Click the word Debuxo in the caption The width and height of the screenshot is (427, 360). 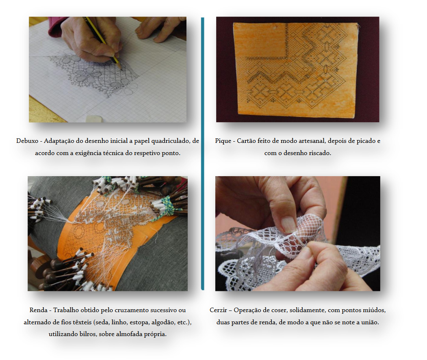point(27,141)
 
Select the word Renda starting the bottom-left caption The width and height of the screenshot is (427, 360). point(39,310)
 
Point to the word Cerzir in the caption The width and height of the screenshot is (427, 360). point(218,310)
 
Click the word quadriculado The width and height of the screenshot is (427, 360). point(170,141)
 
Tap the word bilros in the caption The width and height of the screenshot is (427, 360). point(87,334)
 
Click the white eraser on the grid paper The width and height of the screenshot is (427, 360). point(94,119)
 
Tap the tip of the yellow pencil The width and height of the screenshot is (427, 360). point(121,68)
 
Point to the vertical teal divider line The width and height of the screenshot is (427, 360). point(203,153)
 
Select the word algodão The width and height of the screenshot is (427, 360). point(163,322)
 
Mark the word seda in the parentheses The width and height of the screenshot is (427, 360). point(101,322)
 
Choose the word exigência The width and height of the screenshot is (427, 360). point(89,153)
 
